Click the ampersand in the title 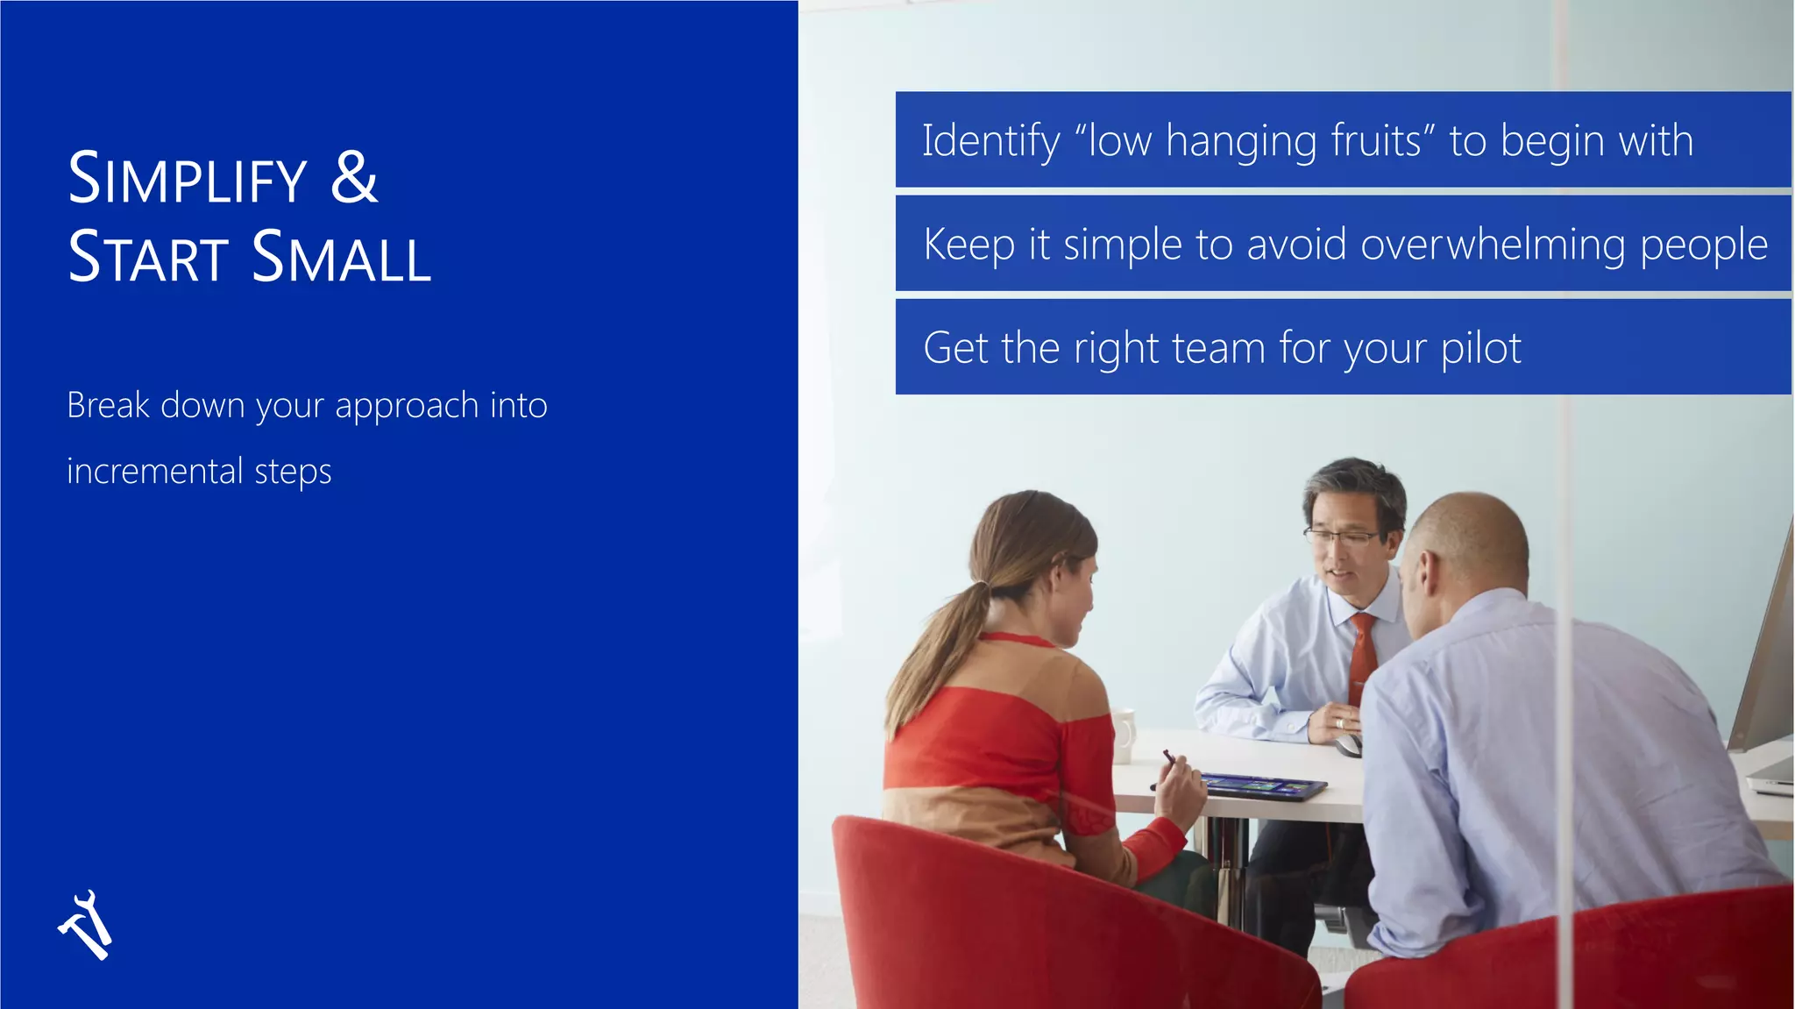click(x=354, y=178)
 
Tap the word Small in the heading click(x=341, y=258)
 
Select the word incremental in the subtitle click(x=155, y=472)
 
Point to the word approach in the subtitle click(x=407, y=406)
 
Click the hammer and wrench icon click(x=86, y=926)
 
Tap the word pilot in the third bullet click(x=1480, y=348)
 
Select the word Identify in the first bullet click(x=990, y=141)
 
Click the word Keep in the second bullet click(x=968, y=245)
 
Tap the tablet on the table click(x=1262, y=785)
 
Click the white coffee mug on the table click(x=1123, y=735)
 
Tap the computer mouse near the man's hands click(x=1348, y=745)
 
